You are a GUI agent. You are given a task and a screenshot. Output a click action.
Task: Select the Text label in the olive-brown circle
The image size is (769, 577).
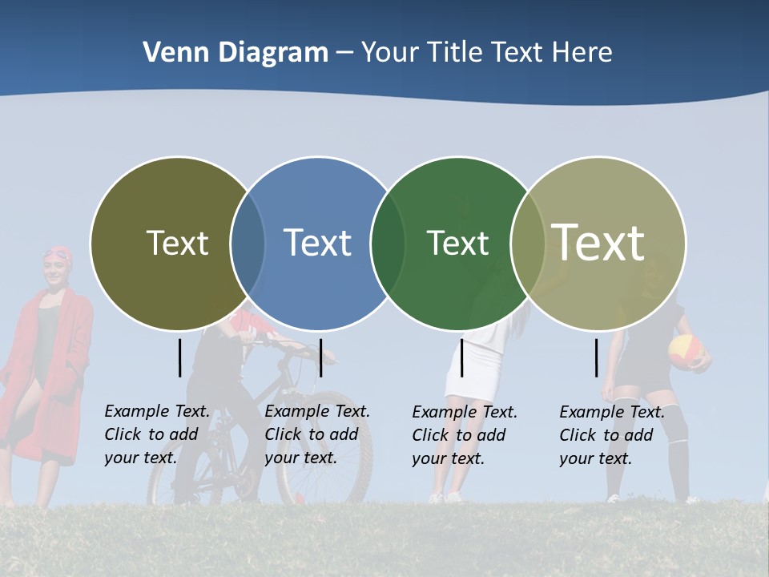tap(177, 243)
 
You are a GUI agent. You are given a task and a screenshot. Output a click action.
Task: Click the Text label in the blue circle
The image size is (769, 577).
tap(317, 243)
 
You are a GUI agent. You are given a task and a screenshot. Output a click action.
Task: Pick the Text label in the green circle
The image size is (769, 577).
tap(457, 243)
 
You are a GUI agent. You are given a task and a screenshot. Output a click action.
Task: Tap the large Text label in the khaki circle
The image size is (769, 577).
tap(598, 242)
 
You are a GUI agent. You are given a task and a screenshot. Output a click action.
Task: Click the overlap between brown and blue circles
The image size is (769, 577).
tap(248, 244)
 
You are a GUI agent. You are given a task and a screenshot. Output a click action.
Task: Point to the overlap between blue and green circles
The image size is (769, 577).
tap(388, 244)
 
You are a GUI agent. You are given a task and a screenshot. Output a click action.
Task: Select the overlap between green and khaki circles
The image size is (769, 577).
tap(528, 244)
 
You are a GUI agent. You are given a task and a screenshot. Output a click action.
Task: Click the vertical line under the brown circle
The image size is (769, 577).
tap(180, 357)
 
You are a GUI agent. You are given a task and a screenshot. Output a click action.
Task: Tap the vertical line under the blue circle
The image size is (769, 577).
tap(320, 357)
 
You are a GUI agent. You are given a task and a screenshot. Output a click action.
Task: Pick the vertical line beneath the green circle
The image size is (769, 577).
tap(461, 357)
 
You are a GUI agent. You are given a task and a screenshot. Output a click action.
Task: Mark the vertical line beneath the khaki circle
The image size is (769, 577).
tap(597, 357)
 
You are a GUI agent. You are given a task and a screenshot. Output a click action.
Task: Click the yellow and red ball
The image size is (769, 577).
tap(686, 351)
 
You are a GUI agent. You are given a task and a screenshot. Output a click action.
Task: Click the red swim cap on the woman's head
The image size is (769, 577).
tap(58, 254)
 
